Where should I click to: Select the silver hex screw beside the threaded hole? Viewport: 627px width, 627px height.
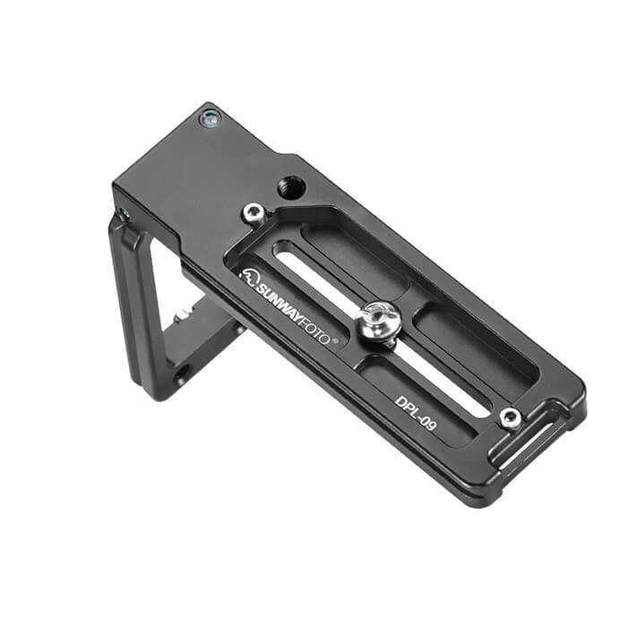point(255,213)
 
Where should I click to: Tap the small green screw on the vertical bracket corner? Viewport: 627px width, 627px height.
point(123,213)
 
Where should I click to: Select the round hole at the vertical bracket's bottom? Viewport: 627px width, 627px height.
point(180,373)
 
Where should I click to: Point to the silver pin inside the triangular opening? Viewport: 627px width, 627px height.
point(185,314)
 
